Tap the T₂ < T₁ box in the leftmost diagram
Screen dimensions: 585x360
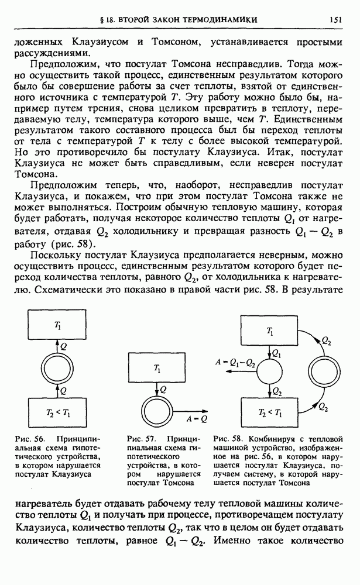[x=57, y=412]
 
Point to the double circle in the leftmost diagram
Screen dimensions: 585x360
[x=57, y=369]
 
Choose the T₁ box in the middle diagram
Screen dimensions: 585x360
[x=157, y=368]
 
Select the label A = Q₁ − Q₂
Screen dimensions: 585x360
[x=235, y=363]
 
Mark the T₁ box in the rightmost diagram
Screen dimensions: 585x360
[x=270, y=331]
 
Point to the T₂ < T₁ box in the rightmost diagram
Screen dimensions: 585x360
[x=270, y=413]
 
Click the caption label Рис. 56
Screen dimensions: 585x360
[x=34, y=438]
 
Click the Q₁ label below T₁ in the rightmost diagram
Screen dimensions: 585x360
[x=277, y=353]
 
